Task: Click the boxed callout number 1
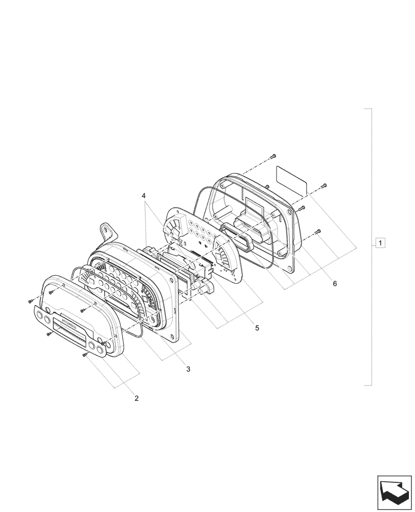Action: (x=381, y=242)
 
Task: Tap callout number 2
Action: (x=136, y=397)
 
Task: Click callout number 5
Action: (x=257, y=327)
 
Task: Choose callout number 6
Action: (x=335, y=283)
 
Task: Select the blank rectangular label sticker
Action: (x=292, y=179)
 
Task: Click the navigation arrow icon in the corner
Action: (x=394, y=492)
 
